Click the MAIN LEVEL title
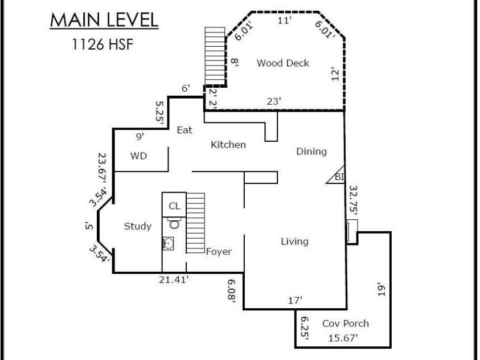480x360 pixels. point(104,20)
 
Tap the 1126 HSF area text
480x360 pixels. point(103,44)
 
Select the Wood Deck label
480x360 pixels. point(283,63)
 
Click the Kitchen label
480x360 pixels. point(228,145)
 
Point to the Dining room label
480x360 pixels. point(311,152)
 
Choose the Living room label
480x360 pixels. point(294,242)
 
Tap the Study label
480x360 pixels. point(138,226)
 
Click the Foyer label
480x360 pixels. point(219,252)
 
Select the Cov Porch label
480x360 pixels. point(346,324)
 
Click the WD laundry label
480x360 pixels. point(139,156)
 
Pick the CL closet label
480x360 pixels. point(174,206)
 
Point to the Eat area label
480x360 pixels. point(184,130)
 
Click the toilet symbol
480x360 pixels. point(174,223)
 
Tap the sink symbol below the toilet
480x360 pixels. point(168,244)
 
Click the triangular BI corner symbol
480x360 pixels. point(336,175)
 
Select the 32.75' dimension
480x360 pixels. point(353,199)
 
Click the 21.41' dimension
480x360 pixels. point(174,280)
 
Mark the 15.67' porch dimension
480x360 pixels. point(343,338)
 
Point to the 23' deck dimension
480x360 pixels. point(274,101)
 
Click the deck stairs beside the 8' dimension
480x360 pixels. point(215,56)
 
